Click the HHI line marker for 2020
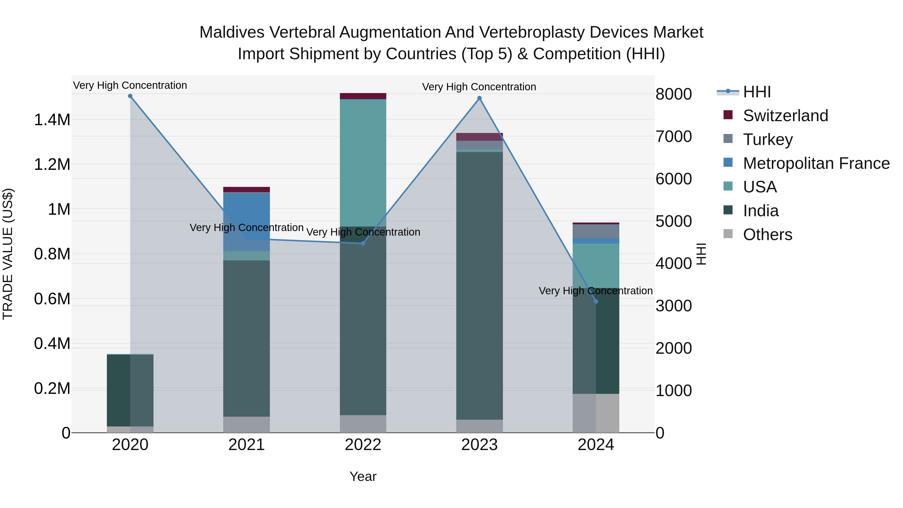tap(130, 96)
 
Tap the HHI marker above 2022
tap(363, 243)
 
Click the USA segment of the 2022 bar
tap(363, 163)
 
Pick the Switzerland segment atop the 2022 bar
tap(363, 96)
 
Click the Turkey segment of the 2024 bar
tap(596, 231)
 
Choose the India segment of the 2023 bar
tap(480, 286)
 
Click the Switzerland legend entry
tap(785, 116)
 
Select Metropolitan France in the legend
tap(816, 163)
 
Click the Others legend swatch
tap(728, 234)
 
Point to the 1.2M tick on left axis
tap(52, 164)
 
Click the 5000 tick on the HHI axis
tap(673, 221)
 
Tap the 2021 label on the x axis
tap(246, 445)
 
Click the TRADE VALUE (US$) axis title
tap(8, 254)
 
